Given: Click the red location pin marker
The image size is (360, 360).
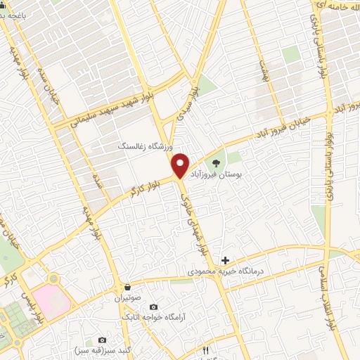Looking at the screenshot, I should tap(181, 165).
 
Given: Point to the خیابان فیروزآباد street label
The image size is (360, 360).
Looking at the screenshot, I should tap(292, 123).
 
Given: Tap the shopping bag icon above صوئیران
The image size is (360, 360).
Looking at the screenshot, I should tap(127, 287).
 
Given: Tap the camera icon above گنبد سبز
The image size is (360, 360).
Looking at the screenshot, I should tap(102, 340).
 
